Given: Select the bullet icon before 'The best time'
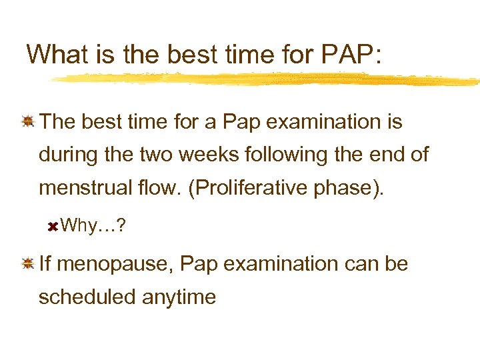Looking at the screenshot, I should (x=28, y=122).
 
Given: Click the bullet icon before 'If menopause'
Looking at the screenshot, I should (x=28, y=264).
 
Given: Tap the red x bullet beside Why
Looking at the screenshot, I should (x=53, y=227).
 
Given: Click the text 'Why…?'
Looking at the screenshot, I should (x=89, y=226).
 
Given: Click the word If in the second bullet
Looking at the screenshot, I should (x=45, y=264).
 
